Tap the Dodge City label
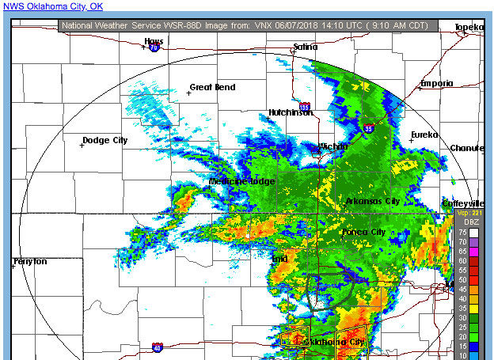[105, 140]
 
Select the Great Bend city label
[212, 87]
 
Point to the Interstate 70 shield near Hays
[154, 47]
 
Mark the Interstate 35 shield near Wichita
[369, 127]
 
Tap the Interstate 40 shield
[158, 347]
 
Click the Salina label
[305, 47]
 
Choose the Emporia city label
[437, 83]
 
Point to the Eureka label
[424, 135]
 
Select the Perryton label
[30, 261]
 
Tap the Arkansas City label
[373, 201]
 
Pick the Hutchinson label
[291, 112]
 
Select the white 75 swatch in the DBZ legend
[473, 233]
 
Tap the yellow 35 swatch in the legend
[473, 307]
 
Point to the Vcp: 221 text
[469, 213]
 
